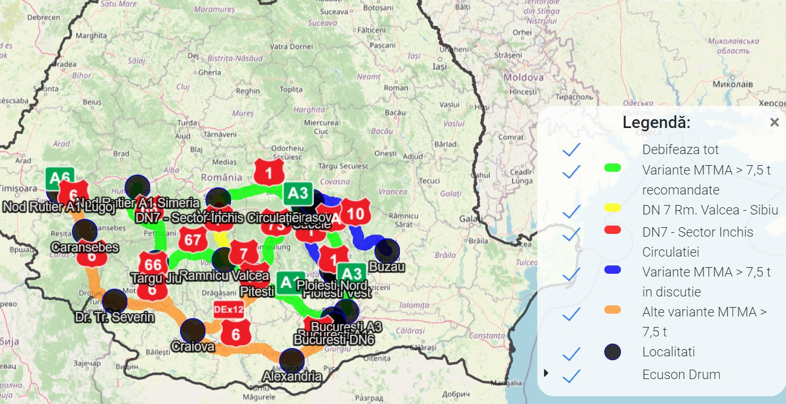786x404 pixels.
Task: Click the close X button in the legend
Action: pyautogui.click(x=774, y=123)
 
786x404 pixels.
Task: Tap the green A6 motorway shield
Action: pyautogui.click(x=59, y=178)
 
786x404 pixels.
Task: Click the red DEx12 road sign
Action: pyautogui.click(x=229, y=310)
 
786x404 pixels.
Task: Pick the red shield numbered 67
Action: pyautogui.click(x=193, y=239)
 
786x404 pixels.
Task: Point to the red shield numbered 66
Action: pyautogui.click(x=153, y=264)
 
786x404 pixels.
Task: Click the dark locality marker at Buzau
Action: pyautogui.click(x=387, y=250)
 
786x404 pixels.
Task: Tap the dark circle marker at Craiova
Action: pyautogui.click(x=192, y=331)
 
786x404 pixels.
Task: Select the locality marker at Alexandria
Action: pyautogui.click(x=292, y=361)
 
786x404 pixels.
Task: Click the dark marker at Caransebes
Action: pyautogui.click(x=84, y=231)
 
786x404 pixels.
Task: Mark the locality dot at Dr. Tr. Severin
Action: pyautogui.click(x=115, y=301)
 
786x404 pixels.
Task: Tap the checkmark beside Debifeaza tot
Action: pyautogui.click(x=571, y=150)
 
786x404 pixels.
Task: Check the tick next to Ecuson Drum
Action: pyautogui.click(x=571, y=375)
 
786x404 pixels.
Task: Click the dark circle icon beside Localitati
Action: pyautogui.click(x=612, y=352)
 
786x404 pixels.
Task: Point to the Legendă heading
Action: pyautogui.click(x=656, y=122)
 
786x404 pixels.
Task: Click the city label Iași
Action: pyautogui.click(x=440, y=67)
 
